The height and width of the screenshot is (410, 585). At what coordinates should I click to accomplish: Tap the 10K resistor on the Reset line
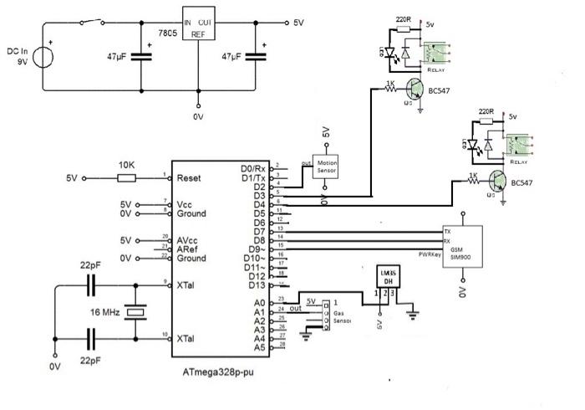coord(126,177)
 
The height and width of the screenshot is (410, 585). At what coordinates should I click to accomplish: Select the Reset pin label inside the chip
coord(189,178)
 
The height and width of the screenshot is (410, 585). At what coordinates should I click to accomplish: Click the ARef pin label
coord(187,249)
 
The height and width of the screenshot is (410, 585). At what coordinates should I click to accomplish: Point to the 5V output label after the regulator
coord(299,23)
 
